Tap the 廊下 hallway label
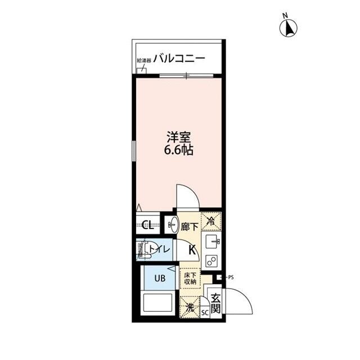190,227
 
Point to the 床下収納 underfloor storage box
190,280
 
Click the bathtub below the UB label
160,304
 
